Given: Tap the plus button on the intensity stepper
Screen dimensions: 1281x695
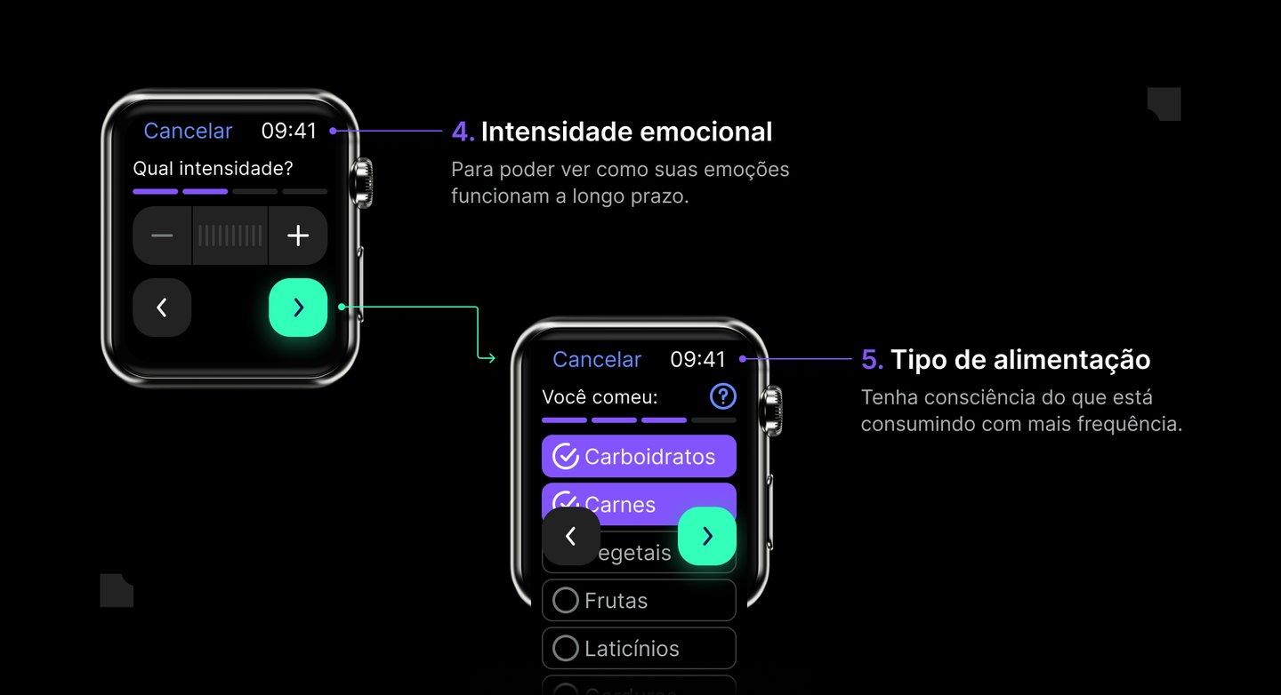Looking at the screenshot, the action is pyautogui.click(x=298, y=236).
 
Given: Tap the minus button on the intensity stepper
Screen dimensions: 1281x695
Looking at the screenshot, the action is pyautogui.click(x=162, y=236).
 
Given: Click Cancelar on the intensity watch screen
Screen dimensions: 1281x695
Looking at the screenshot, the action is pyautogui.click(x=188, y=131).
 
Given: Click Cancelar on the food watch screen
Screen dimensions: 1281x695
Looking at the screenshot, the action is pyautogui.click(x=597, y=359).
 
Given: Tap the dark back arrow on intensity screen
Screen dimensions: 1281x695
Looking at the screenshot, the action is pyautogui.click(x=162, y=308).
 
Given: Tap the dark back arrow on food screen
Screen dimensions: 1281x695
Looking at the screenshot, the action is pyautogui.click(x=571, y=536).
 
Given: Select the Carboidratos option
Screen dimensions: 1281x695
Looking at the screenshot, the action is pyautogui.click(x=639, y=457).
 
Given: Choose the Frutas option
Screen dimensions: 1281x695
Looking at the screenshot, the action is pyautogui.click(x=639, y=601).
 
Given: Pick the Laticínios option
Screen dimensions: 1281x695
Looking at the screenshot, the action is pyautogui.click(x=639, y=649).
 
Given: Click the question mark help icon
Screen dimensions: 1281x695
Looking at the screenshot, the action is pyautogui.click(x=723, y=396).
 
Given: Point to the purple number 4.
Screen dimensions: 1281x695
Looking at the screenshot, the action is pyautogui.click(x=463, y=132).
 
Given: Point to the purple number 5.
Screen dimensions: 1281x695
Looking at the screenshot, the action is pyautogui.click(x=872, y=360).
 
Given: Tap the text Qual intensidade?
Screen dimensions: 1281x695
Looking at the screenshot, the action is pyautogui.click(x=213, y=168).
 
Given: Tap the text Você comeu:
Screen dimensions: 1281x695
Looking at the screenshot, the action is pyautogui.click(x=600, y=397).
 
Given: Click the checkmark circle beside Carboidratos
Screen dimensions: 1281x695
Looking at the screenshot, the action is pyautogui.click(x=566, y=457).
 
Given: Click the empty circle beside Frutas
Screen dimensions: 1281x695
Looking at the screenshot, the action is pyautogui.click(x=566, y=601).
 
